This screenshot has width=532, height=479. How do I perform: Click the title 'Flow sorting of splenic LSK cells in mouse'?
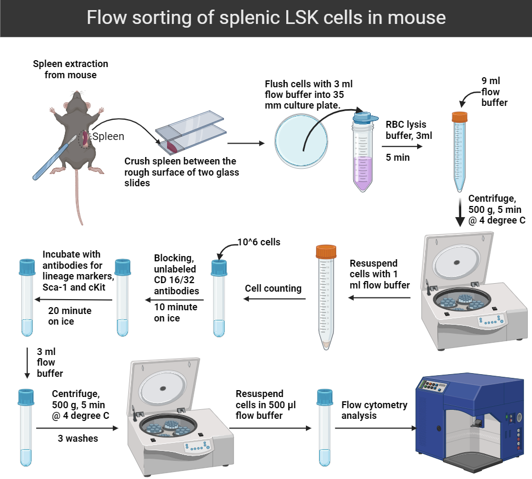pyautogui.click(x=266, y=18)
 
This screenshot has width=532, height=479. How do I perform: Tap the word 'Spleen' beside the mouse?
pyautogui.click(x=108, y=137)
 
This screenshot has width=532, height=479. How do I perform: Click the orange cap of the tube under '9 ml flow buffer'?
pyautogui.click(x=459, y=116)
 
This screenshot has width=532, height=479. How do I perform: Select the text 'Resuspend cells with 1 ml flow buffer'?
pyautogui.click(x=379, y=274)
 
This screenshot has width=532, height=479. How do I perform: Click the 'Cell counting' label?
pyautogui.click(x=273, y=288)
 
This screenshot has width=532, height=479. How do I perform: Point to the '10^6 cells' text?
pyautogui.click(x=259, y=242)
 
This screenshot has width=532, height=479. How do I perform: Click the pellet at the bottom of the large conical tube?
pyautogui.click(x=327, y=344)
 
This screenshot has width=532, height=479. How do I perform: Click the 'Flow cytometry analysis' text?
pyautogui.click(x=374, y=410)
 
